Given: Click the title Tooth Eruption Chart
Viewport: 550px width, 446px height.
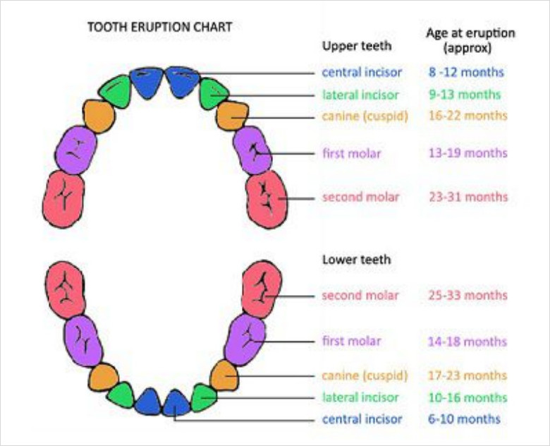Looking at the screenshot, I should (159, 28).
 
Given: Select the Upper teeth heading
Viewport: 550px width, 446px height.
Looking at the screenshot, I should (356, 47).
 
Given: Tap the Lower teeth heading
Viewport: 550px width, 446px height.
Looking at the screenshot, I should (356, 260).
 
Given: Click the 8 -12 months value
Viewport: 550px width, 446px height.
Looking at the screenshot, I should (466, 72).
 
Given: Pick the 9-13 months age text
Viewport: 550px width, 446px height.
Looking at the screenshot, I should (465, 95).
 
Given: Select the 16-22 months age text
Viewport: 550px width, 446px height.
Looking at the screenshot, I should (468, 115).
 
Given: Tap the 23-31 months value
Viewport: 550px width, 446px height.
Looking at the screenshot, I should (468, 198).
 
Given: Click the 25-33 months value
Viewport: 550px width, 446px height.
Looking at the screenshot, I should (467, 295).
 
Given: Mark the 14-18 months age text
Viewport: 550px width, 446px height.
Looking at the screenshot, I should (467, 342).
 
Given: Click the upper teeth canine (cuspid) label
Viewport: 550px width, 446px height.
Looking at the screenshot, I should (365, 115).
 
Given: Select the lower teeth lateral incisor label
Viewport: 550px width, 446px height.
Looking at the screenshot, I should (360, 397).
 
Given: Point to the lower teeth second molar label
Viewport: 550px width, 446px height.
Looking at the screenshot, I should (360, 295).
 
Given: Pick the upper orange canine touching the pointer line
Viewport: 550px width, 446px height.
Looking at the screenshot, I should (232, 115).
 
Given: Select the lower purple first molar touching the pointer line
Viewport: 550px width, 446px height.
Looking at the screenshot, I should (245, 339).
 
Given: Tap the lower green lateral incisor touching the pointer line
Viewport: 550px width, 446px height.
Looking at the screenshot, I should (203, 397).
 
